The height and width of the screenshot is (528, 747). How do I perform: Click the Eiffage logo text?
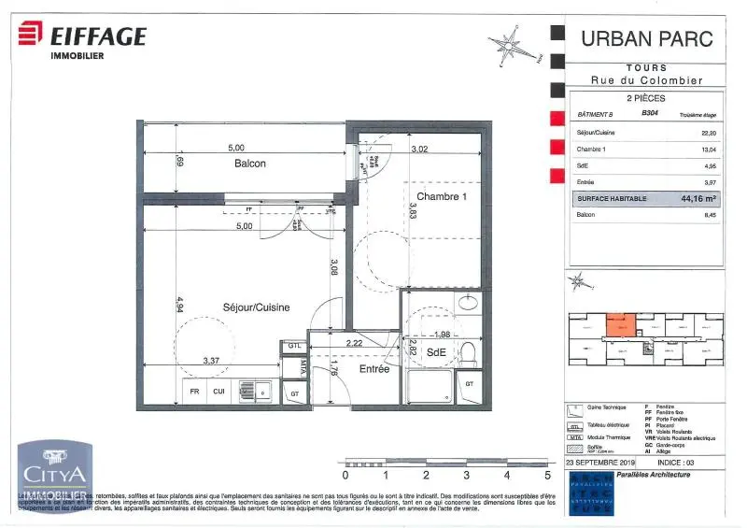pyautogui.click(x=97, y=37)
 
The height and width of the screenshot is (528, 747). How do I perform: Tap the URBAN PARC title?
pyautogui.click(x=647, y=39)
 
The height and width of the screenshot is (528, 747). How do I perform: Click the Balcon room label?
pyautogui.click(x=249, y=164)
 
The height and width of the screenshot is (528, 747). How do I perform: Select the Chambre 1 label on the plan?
pyautogui.click(x=441, y=197)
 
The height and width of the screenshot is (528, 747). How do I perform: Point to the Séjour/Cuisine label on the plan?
pyautogui.click(x=256, y=307)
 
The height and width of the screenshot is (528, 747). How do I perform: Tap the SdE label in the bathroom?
pyautogui.click(x=436, y=352)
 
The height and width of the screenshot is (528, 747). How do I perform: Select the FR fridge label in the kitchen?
pyautogui.click(x=195, y=392)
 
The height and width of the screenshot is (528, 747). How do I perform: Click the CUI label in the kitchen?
pyautogui.click(x=219, y=392)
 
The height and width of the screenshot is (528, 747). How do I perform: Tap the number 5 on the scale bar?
pyautogui.click(x=547, y=475)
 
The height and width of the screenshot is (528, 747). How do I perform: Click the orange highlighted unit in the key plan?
pyautogui.click(x=619, y=325)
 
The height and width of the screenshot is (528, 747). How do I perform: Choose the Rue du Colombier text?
pyautogui.click(x=647, y=80)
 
